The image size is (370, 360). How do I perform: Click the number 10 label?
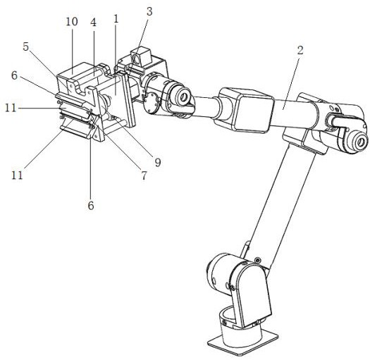pos(71,22)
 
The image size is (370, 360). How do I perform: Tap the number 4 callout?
pos(94,23)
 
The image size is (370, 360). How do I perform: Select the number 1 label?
pos(116,19)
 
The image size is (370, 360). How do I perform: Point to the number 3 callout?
pos(149,11)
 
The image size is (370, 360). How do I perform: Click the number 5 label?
pos(26,46)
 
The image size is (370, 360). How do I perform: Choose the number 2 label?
pos(300,50)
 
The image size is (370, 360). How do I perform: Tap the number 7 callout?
pos(144,175)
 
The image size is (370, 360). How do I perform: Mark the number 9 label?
pos(158,163)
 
